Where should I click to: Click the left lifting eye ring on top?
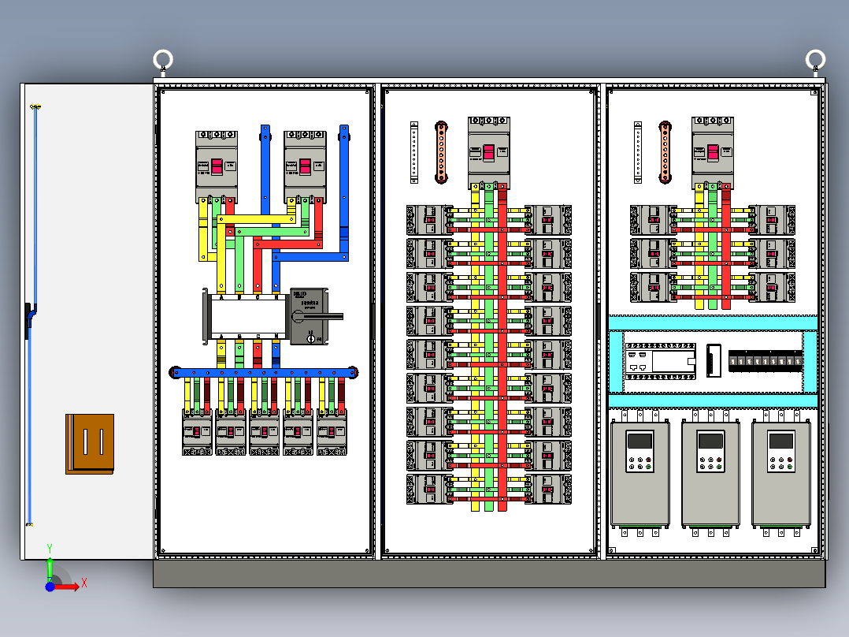[x=162, y=60]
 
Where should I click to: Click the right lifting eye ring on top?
[x=815, y=59]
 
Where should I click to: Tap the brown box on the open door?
[x=90, y=444]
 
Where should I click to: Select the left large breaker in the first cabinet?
[x=217, y=166]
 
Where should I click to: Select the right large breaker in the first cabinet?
[x=305, y=166]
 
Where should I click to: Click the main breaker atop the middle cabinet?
[x=489, y=153]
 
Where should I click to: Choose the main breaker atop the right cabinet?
[x=713, y=153]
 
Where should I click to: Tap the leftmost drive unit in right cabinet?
[x=640, y=476]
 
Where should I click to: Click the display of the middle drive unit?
[x=710, y=441]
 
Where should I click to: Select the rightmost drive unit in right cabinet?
[x=781, y=476]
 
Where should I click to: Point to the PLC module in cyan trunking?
[x=660, y=362]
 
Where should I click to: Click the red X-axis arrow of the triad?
[x=72, y=586]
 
